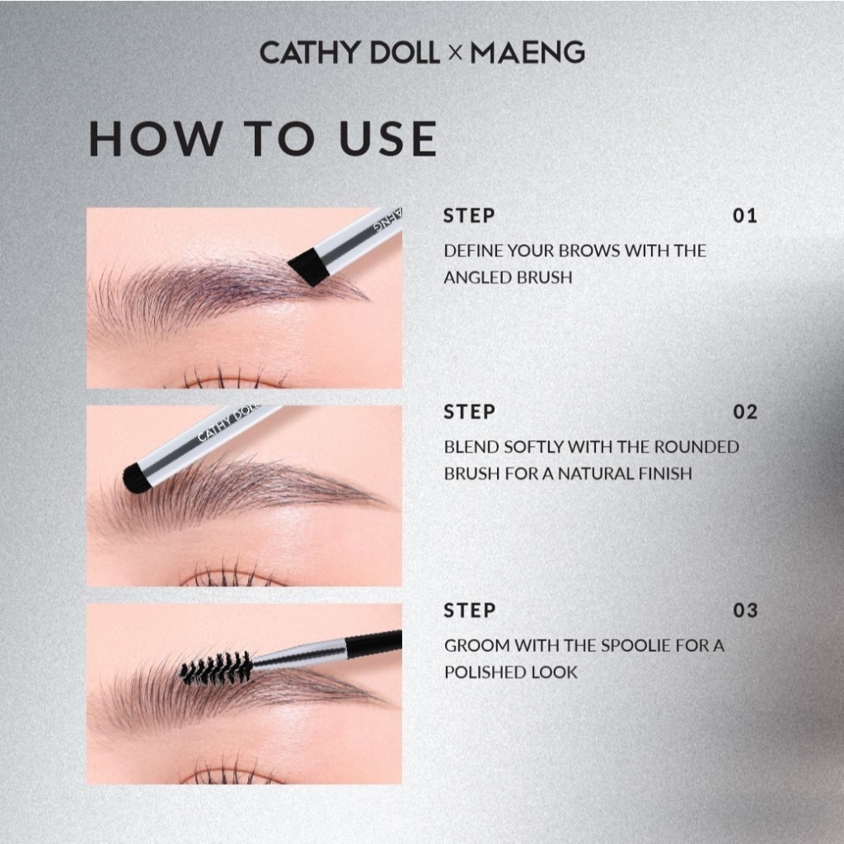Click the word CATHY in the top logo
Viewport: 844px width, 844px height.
pyautogui.click(x=309, y=53)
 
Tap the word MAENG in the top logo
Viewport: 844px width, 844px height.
pyautogui.click(x=527, y=53)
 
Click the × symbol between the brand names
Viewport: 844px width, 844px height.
pyautogui.click(x=455, y=54)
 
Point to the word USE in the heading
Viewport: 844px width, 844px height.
pyautogui.click(x=388, y=138)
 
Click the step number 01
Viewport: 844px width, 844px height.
pyautogui.click(x=745, y=216)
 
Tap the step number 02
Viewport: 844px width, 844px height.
pyautogui.click(x=745, y=412)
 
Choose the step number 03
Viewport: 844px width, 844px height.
pyautogui.click(x=745, y=611)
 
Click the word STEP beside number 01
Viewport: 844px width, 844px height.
pyautogui.click(x=469, y=216)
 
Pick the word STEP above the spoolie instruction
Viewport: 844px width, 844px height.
pyautogui.click(x=469, y=611)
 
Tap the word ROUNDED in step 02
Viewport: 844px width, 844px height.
pyautogui.click(x=697, y=447)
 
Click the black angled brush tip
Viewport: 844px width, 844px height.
pyautogui.click(x=309, y=266)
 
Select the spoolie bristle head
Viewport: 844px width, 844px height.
pyautogui.click(x=217, y=668)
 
